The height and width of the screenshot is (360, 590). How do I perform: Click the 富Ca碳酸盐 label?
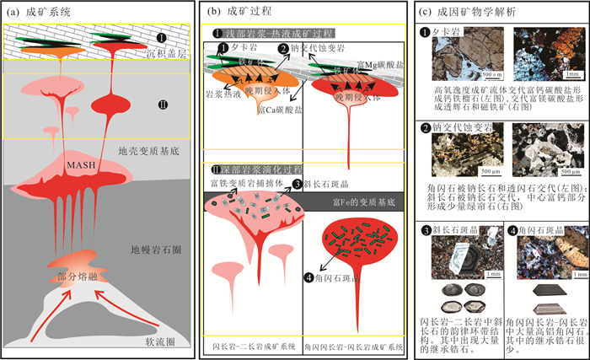(x=282, y=110)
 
